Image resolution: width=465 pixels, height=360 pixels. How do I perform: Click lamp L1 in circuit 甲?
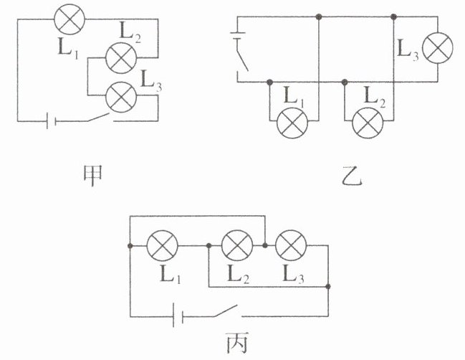[69, 19]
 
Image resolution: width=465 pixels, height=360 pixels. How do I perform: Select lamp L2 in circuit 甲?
[119, 57]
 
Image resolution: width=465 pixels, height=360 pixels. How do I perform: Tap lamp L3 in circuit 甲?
[119, 97]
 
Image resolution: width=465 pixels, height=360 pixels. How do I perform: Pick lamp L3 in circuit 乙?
[437, 49]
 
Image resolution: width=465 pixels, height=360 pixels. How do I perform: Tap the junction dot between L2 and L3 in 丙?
[264, 246]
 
